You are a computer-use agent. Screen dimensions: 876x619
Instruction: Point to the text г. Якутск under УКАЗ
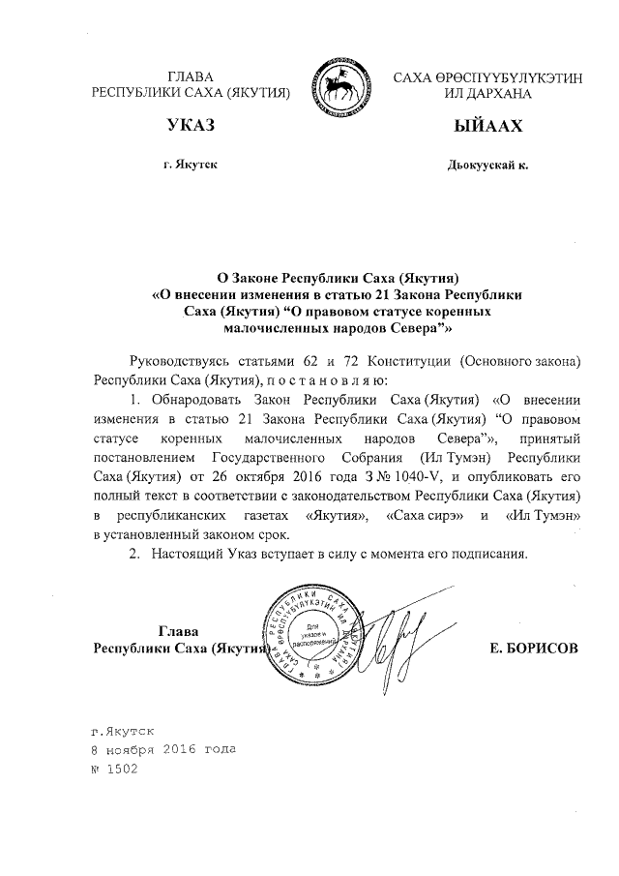click(191, 166)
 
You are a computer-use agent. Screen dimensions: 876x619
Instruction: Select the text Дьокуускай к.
click(487, 166)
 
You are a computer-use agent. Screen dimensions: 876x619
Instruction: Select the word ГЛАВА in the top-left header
click(191, 76)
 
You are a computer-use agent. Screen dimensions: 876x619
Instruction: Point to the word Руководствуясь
click(185, 360)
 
